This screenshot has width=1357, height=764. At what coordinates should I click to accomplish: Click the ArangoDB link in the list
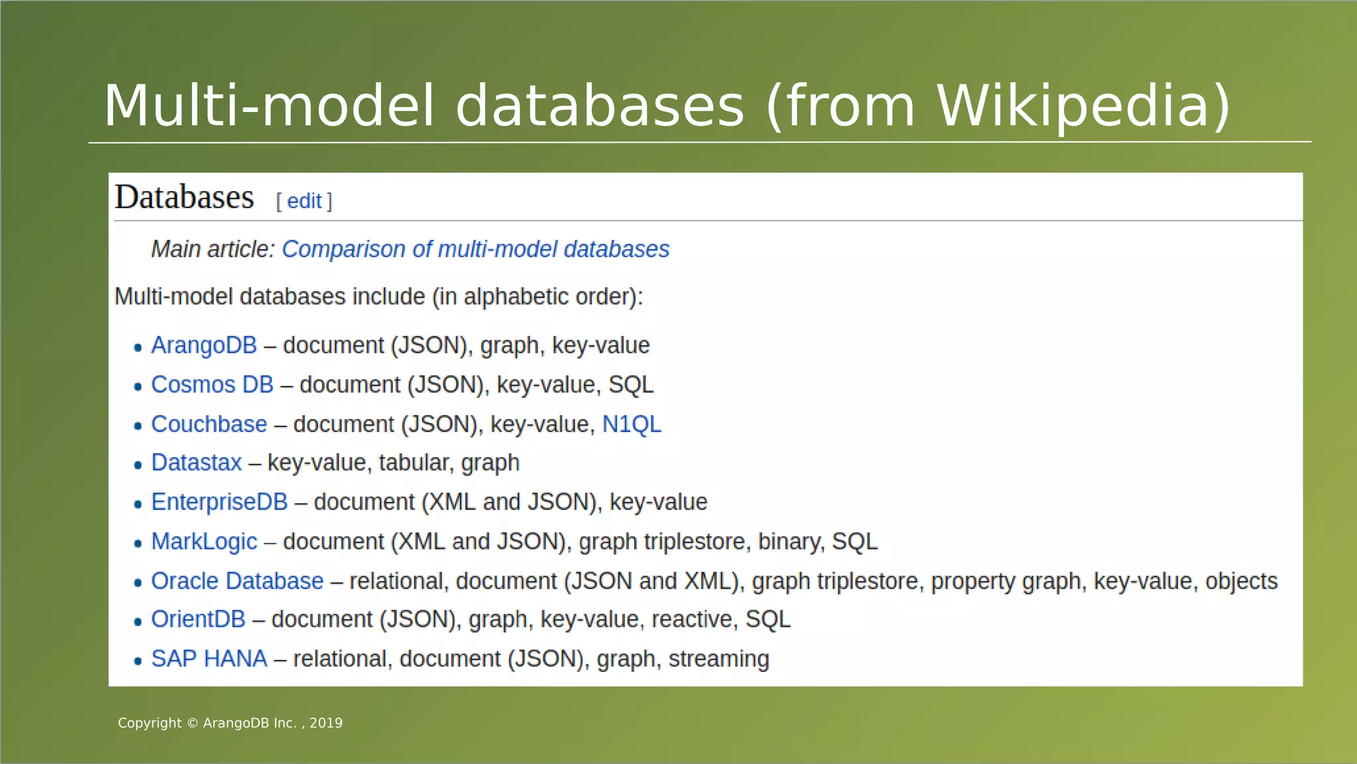(203, 346)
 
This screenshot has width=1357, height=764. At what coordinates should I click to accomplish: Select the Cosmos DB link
(212, 385)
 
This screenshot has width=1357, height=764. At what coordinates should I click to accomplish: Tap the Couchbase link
(209, 424)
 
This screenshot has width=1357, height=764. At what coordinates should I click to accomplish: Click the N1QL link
(631, 424)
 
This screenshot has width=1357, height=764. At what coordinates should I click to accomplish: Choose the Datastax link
(196, 463)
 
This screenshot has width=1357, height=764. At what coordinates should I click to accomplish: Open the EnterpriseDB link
(219, 502)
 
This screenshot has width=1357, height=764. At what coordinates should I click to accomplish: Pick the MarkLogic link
(204, 542)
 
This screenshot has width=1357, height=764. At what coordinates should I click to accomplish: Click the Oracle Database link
(237, 581)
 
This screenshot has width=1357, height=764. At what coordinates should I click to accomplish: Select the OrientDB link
(198, 619)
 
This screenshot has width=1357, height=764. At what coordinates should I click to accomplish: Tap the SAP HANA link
(209, 659)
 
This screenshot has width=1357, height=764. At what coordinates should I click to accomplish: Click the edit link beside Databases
(304, 201)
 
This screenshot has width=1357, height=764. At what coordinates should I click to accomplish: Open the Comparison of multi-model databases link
(475, 249)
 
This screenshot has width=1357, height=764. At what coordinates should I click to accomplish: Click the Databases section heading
(184, 198)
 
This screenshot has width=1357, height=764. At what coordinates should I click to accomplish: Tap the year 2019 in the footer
(326, 724)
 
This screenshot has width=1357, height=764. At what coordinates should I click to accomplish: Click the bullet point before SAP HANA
(138, 661)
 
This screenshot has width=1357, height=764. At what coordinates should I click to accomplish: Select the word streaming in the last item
(718, 659)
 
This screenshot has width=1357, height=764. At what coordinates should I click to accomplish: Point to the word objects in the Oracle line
(1241, 581)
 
